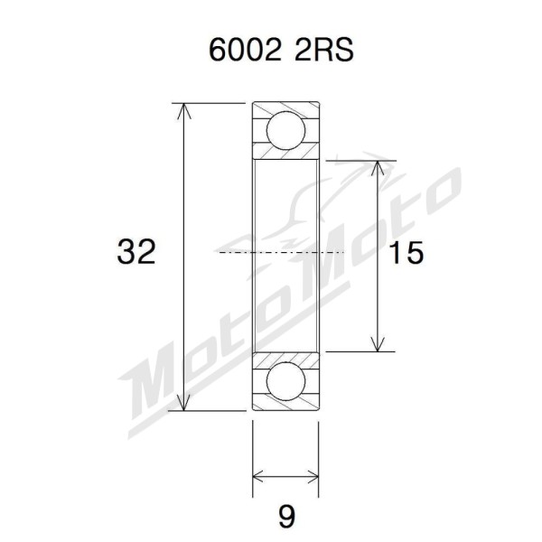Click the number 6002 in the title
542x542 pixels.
tap(245, 50)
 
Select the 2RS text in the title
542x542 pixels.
tap(324, 50)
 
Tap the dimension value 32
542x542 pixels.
tap(136, 252)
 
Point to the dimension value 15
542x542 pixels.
tap(406, 252)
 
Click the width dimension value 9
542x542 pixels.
tap(286, 517)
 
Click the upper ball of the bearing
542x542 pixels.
tap(285, 130)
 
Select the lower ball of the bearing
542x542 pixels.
tap(285, 381)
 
